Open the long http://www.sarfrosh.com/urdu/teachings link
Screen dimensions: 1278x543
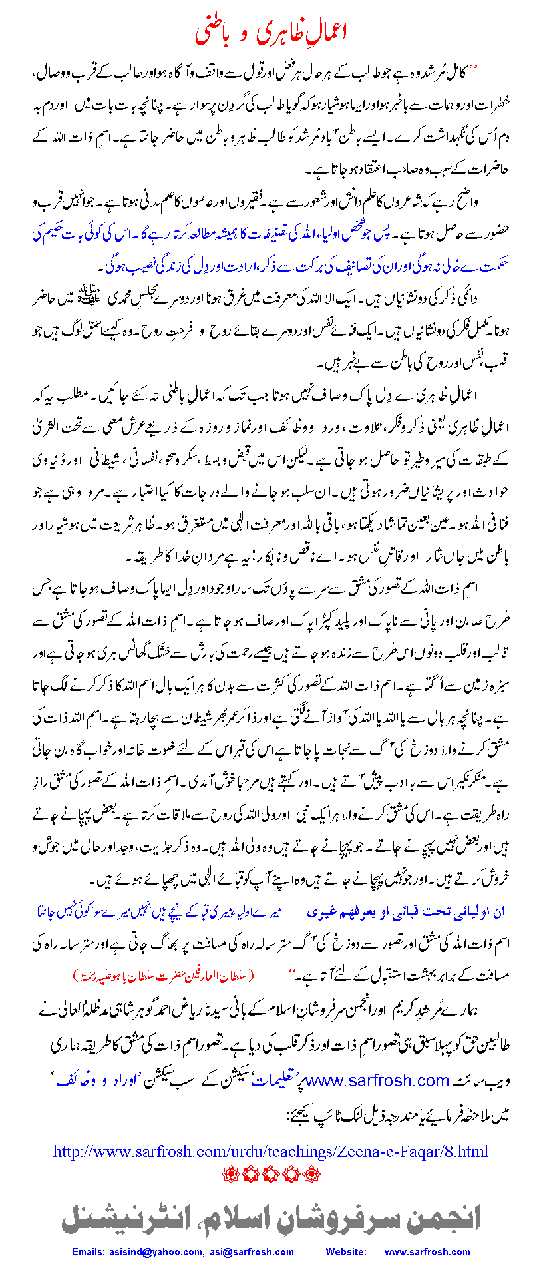[271, 1152]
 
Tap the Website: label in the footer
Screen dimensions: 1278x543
[345, 1252]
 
